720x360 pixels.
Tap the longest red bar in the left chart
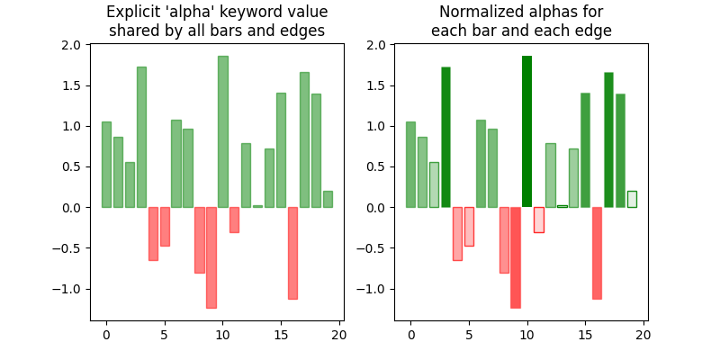point(211,257)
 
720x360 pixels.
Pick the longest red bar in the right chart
point(515,257)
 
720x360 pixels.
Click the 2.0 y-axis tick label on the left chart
point(72,45)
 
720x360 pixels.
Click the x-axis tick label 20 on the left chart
point(338,336)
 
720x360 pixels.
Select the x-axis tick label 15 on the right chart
point(585,336)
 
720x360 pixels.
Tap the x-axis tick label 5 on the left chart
point(165,336)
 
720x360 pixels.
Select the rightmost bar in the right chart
point(632,199)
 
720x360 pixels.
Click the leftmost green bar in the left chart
point(106,165)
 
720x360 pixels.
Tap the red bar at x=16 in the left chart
point(292,253)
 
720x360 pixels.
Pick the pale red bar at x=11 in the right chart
point(538,220)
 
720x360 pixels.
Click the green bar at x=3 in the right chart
point(445,137)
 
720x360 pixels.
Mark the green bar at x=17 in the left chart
point(304,139)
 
